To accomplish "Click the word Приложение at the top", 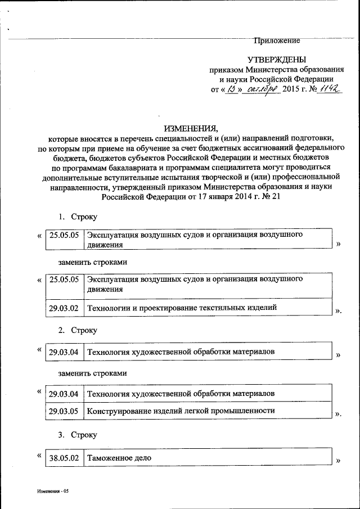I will pos(277,40).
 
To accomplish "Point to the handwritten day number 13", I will pos(231,89).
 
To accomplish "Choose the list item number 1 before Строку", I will pos(61,217).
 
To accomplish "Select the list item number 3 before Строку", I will pos(61,435).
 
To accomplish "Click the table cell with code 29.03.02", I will pos(64,308).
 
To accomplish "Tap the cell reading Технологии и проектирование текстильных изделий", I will pos(181,308).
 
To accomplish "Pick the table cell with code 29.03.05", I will pos(64,411).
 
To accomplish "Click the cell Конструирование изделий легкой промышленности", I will pos(181,411).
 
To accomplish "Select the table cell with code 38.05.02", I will pos(64,458).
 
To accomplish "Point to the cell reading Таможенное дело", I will pos(119,458).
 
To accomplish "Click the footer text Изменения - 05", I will pos(52,491).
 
